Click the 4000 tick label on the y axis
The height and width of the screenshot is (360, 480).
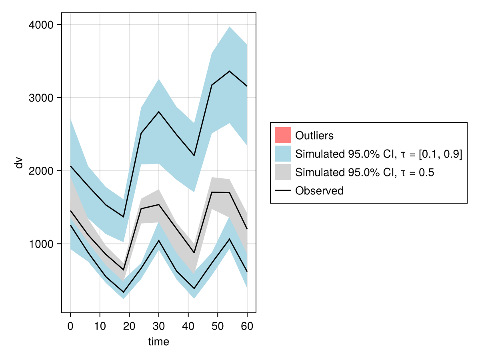click(42, 25)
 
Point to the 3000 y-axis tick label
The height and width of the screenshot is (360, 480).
click(42, 98)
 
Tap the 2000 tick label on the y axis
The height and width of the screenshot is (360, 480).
click(42, 171)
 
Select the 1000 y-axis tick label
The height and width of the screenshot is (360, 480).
click(42, 244)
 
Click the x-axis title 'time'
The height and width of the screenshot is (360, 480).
click(158, 342)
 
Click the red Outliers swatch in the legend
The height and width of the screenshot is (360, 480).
click(283, 135)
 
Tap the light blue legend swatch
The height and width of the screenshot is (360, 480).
click(283, 154)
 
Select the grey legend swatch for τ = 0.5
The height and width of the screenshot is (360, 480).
click(283, 172)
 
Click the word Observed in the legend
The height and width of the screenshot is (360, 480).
click(319, 191)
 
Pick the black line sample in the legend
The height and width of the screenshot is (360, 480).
click(283, 191)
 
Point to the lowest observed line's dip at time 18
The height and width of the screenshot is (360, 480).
click(123, 292)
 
